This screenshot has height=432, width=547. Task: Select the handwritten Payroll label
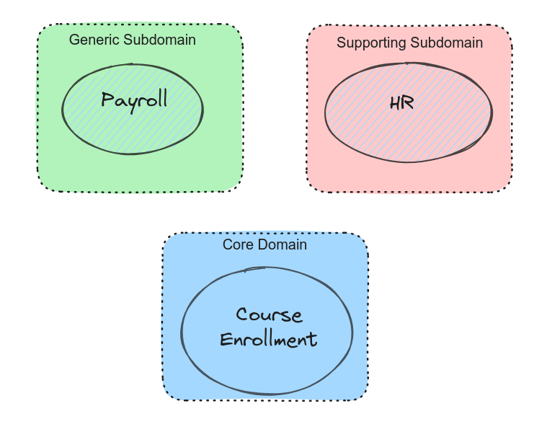click(x=134, y=100)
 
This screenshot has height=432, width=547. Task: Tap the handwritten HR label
click(x=401, y=102)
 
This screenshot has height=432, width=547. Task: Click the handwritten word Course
click(x=269, y=315)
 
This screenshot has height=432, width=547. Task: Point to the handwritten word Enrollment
click(x=268, y=339)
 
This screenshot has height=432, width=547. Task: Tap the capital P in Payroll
click(x=107, y=99)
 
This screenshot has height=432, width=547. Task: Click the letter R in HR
click(x=408, y=102)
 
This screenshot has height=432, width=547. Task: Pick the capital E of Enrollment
click(x=225, y=339)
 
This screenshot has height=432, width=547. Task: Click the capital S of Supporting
click(x=341, y=43)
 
